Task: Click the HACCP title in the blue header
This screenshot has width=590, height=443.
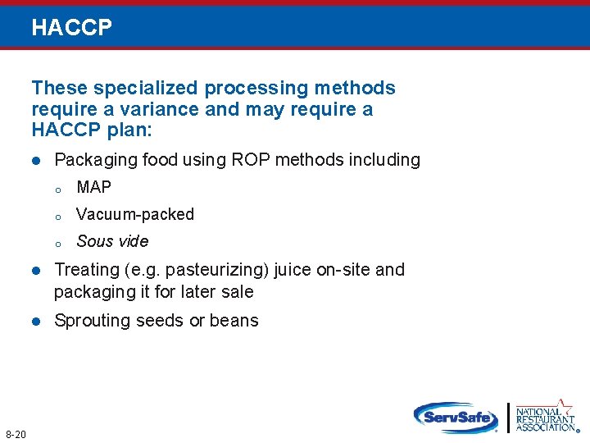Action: click(71, 28)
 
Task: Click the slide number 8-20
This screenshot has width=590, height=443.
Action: click(16, 433)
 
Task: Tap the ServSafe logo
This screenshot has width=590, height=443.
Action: click(456, 417)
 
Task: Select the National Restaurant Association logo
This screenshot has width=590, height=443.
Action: click(546, 416)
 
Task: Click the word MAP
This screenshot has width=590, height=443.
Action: click(93, 187)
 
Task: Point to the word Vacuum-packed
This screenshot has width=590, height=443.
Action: click(135, 214)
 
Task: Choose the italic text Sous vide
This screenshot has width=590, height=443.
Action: click(112, 241)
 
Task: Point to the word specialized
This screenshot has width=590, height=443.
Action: click(144, 88)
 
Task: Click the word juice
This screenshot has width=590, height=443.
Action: click(295, 270)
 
